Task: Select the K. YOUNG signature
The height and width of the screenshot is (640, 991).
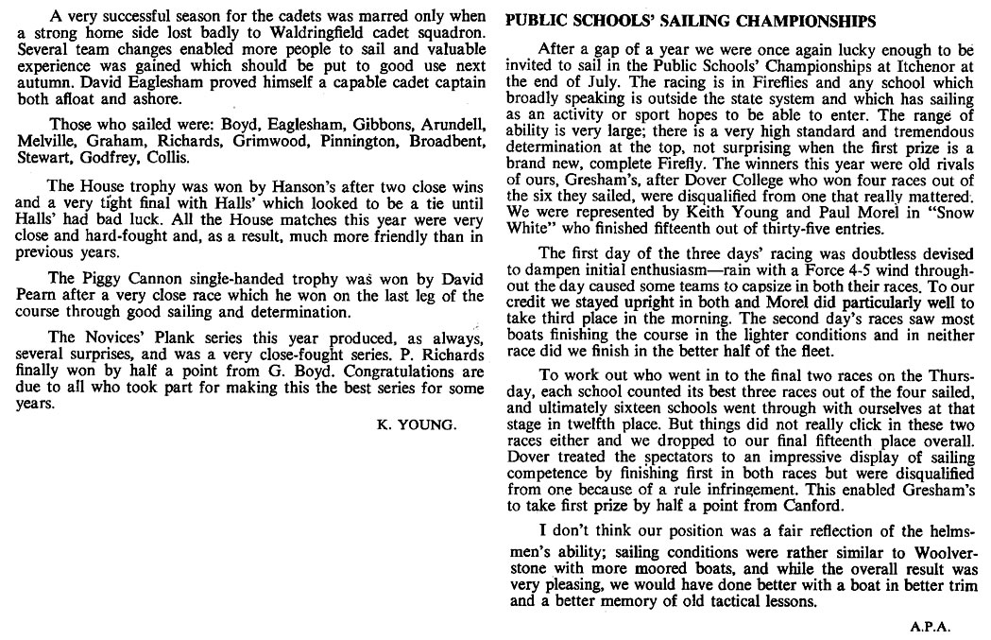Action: pyautogui.click(x=416, y=424)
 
